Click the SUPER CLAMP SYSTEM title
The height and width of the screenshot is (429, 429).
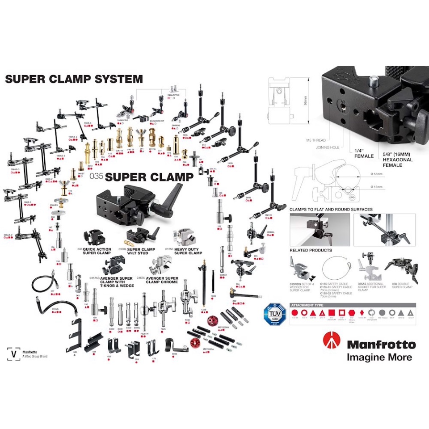point(74,79)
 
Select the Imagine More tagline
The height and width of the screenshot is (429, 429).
point(379,357)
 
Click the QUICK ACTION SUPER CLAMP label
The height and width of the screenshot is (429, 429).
point(97,251)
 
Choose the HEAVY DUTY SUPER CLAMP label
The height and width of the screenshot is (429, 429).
point(188,251)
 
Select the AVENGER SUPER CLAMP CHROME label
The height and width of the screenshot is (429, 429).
point(162,280)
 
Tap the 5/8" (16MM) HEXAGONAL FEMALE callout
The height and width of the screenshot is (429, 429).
point(397,160)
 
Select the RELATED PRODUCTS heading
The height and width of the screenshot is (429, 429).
point(311,250)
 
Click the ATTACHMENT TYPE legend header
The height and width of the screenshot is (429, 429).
point(309,305)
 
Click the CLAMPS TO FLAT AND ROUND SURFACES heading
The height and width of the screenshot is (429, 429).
point(331,209)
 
